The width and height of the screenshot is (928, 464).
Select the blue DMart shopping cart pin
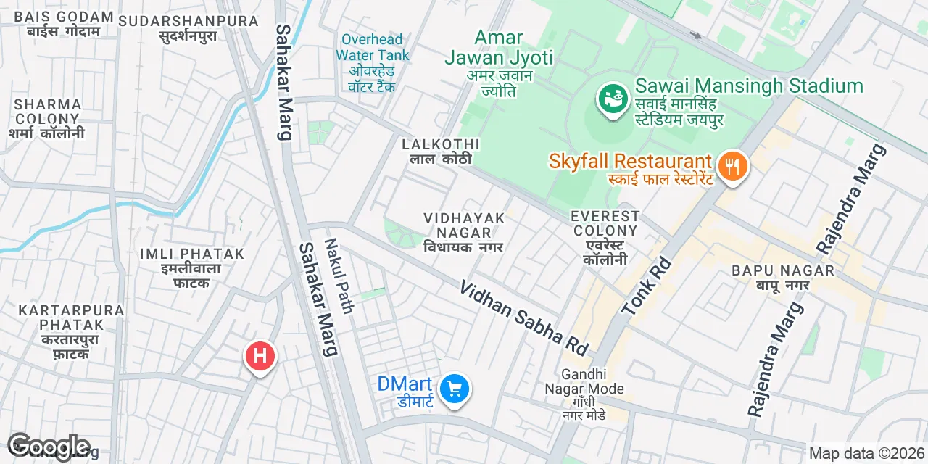455,389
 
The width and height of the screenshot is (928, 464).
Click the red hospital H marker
260,356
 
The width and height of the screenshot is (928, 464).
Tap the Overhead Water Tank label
373,62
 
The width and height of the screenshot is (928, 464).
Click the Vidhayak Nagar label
463,231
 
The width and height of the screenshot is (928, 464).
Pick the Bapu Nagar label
783,277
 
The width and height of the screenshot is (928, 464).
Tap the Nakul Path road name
339,276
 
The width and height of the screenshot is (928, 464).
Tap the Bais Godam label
64,24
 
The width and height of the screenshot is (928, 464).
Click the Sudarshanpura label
188,28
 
